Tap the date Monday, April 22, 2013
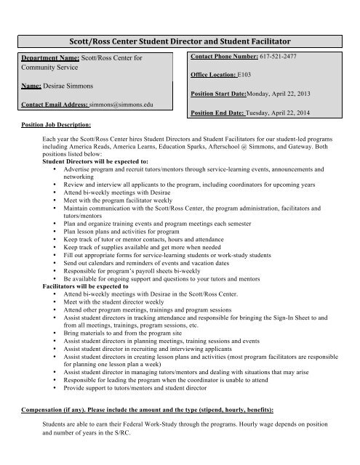click(284, 95)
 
